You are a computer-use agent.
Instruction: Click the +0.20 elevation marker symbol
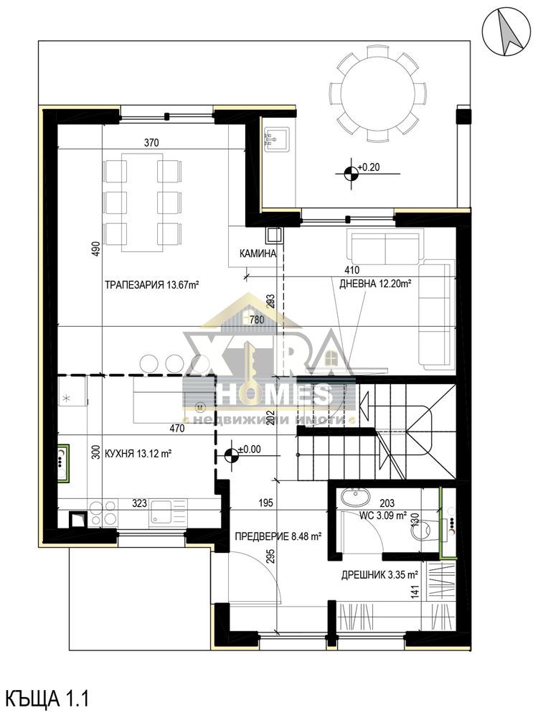click(x=351, y=174)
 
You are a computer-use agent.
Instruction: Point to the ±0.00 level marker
click(x=232, y=455)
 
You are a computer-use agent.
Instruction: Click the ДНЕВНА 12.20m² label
click(x=375, y=284)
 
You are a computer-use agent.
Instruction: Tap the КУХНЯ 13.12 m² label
click(x=138, y=454)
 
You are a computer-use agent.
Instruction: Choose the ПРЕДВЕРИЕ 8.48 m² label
click(x=278, y=536)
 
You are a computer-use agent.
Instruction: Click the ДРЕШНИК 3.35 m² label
click(x=379, y=575)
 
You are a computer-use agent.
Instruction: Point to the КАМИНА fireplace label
click(x=258, y=253)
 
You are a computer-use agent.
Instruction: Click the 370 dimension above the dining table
click(x=151, y=142)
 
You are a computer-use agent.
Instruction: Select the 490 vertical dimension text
click(x=95, y=248)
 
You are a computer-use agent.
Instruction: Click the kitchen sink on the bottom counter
click(x=160, y=513)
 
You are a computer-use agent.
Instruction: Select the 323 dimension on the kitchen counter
click(x=139, y=504)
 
